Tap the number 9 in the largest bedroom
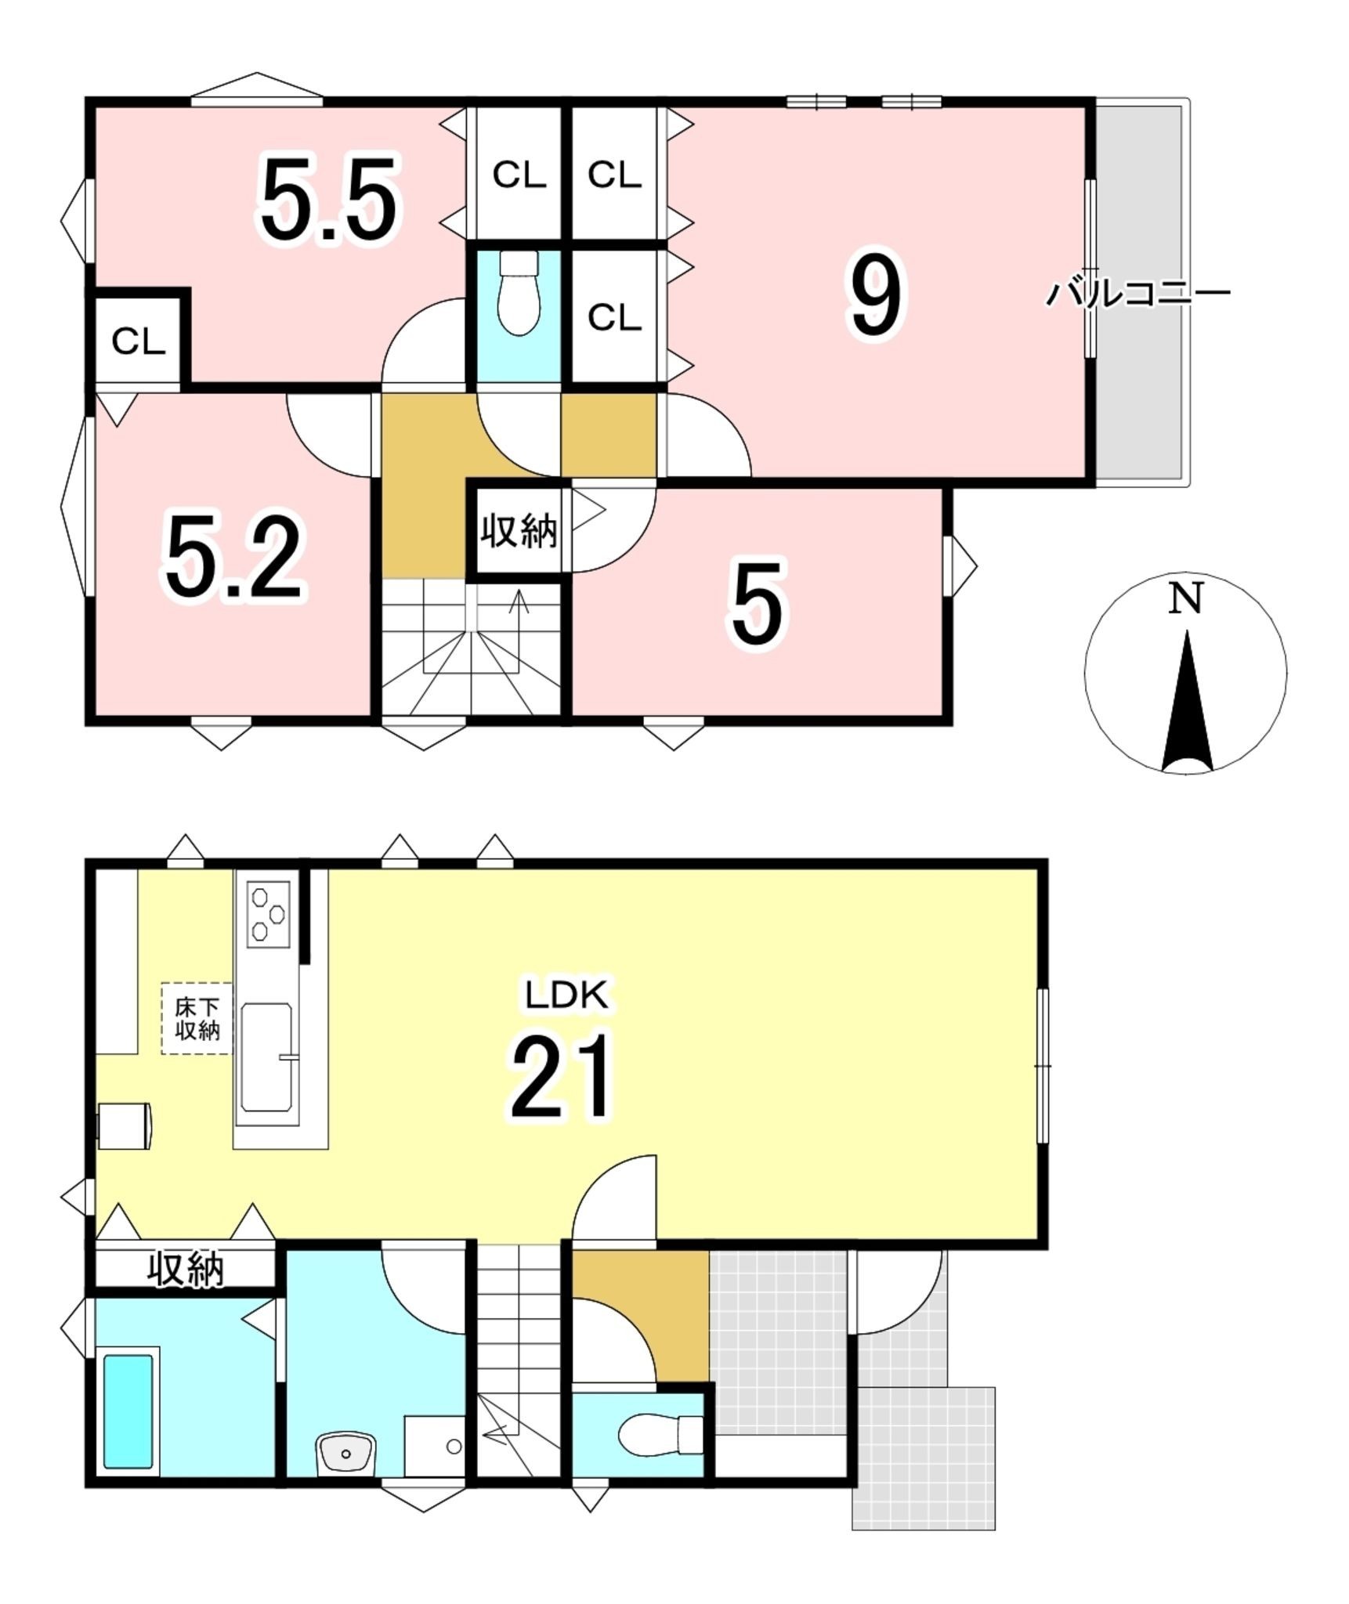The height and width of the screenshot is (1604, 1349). click(875, 295)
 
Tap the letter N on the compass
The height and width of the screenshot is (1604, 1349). click(1185, 600)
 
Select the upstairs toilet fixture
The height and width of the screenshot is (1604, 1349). click(519, 292)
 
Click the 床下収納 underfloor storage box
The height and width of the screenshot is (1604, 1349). click(197, 1018)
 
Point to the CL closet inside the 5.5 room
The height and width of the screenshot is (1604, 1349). click(138, 341)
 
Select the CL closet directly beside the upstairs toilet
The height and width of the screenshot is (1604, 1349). click(615, 317)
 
